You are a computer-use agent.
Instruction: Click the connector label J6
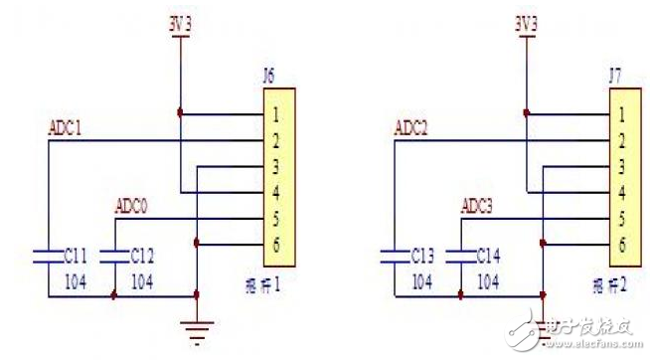tap(267, 74)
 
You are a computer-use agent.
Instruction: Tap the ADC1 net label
tap(65, 128)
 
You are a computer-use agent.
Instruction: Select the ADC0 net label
tap(132, 206)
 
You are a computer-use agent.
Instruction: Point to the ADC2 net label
tap(410, 128)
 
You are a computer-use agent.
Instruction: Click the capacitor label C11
tap(76, 255)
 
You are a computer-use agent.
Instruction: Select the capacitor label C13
tap(422, 255)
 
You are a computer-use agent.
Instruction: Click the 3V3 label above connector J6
tap(179, 20)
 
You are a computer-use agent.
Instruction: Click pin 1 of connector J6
tap(273, 114)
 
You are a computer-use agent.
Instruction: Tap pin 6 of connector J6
tap(273, 244)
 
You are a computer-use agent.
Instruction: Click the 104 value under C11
tap(76, 281)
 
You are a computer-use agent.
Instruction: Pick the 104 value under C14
tap(487, 281)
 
